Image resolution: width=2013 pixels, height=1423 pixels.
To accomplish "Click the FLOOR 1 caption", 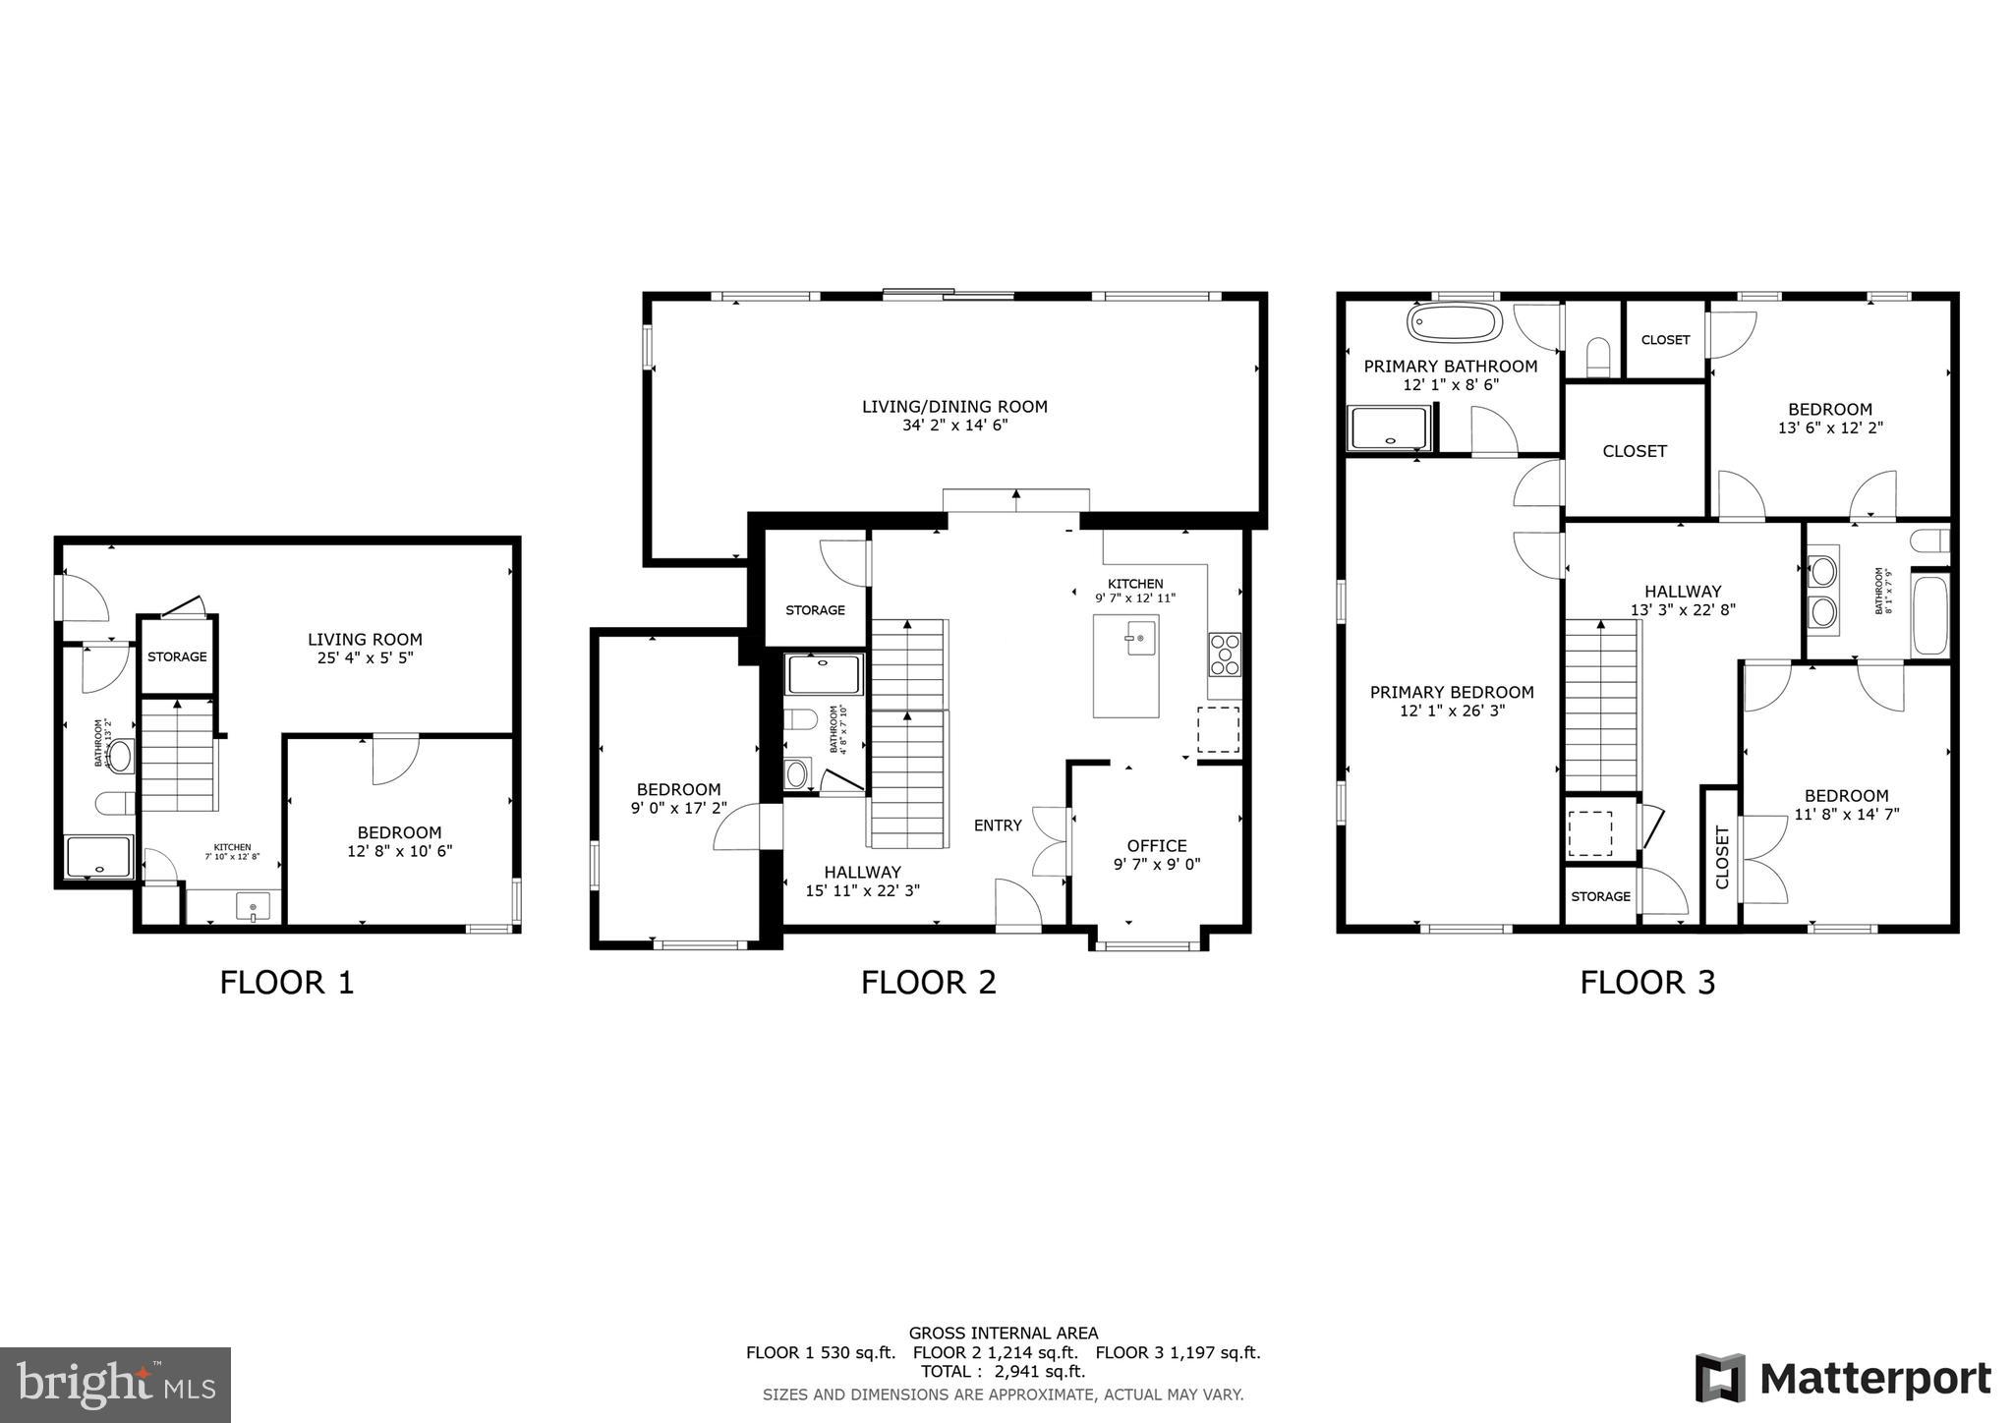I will coord(286,982).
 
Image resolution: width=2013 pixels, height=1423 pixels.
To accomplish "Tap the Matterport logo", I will coord(1843,1378).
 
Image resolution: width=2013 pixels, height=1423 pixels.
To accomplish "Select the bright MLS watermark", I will coord(115,1385).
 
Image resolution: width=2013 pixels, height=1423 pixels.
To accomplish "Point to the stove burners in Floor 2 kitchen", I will coord(1225,655).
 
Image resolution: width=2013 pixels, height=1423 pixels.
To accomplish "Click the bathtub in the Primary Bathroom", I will coord(1455,322).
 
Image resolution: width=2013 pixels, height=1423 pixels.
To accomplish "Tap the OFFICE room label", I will coord(1157,845).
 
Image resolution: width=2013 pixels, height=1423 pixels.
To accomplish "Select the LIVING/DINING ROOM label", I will coord(954,406).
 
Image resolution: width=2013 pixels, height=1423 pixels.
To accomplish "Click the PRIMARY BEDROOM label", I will coord(1452,692).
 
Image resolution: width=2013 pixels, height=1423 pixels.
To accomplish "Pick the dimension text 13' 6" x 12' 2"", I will coord(1830,428).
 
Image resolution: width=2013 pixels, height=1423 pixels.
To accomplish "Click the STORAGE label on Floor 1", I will coord(177,656).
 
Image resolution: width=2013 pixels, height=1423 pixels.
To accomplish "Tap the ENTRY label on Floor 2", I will coord(998,825).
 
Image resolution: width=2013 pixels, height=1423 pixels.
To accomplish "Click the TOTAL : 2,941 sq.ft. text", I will coord(1003,1372).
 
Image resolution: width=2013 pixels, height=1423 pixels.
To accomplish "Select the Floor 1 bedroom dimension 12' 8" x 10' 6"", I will coord(399,851).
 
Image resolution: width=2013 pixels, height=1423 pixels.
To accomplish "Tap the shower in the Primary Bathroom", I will coord(1388,428).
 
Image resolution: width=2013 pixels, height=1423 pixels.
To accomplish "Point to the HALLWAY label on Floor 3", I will coord(1683,591).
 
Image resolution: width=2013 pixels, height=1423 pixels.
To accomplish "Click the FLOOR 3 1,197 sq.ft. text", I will coord(1178,1352).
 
